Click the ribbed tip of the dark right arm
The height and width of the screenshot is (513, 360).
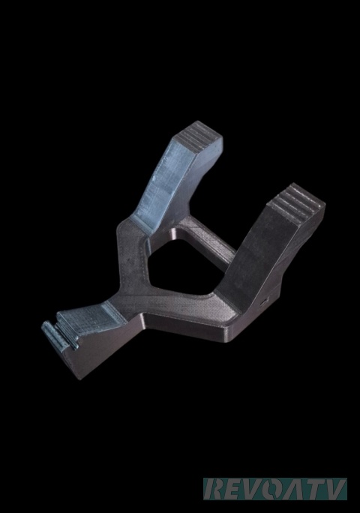click(x=295, y=202)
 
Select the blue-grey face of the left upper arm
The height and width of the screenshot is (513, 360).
click(x=163, y=183)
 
